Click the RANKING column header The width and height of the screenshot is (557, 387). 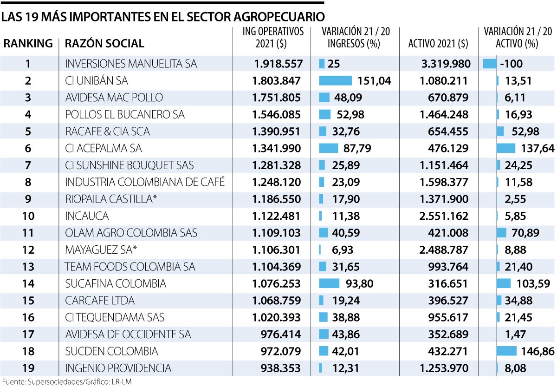point(28,44)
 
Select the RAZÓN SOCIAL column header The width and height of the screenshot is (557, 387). point(104,44)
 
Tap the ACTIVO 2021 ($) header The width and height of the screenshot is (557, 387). point(438,44)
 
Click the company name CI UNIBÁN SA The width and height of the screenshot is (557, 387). point(97,81)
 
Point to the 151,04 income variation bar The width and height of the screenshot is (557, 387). point(336,81)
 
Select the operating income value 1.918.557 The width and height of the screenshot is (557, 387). point(277,64)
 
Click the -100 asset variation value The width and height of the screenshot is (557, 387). point(510,64)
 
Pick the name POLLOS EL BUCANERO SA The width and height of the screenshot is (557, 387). point(125,114)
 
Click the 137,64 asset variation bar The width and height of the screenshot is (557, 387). point(506,148)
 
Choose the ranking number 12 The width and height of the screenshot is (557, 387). point(28,250)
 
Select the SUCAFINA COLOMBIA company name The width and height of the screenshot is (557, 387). point(116,283)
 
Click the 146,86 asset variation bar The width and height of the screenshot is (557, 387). point(506,351)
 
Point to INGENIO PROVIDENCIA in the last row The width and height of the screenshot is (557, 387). point(118,368)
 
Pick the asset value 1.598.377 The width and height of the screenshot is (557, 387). point(444,182)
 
